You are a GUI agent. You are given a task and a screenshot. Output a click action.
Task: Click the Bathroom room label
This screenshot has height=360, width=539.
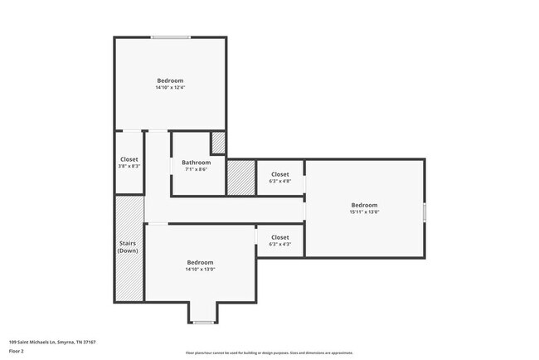(197, 163)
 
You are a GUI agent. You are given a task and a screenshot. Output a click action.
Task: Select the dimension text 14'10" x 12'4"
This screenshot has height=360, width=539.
(170, 87)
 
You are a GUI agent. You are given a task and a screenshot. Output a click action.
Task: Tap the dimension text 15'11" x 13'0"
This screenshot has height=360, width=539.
(364, 212)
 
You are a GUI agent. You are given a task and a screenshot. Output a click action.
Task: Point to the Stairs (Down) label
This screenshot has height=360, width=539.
(129, 247)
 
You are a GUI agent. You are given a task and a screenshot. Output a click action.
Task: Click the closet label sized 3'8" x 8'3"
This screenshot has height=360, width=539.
(129, 166)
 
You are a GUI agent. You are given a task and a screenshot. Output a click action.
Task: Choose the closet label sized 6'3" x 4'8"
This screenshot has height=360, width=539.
(280, 181)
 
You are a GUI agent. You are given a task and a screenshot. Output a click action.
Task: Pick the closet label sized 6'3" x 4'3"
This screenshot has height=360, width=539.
(280, 244)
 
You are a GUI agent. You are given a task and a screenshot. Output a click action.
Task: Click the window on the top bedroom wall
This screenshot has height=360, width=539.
(170, 37)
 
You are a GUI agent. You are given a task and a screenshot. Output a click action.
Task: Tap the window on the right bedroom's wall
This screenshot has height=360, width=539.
(424, 212)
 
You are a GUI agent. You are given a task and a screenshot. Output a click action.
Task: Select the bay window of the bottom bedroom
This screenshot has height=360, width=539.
(203, 322)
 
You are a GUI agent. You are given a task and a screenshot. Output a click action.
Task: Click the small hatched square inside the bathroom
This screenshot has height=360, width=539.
(218, 143)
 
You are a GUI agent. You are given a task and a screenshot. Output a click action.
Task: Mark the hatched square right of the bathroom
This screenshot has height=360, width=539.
(240, 178)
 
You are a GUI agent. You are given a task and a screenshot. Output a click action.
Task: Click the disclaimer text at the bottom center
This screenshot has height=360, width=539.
(269, 353)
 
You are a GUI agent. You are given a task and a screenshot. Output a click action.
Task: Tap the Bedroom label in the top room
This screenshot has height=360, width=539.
(170, 80)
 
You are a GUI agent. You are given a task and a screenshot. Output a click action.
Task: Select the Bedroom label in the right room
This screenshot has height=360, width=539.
(364, 205)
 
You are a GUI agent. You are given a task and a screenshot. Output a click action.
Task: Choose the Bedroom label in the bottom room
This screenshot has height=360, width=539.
(200, 261)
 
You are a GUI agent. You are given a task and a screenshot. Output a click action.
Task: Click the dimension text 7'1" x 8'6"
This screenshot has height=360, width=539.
(197, 170)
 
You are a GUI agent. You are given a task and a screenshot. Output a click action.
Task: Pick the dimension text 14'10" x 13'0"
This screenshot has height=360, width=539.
(200, 269)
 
